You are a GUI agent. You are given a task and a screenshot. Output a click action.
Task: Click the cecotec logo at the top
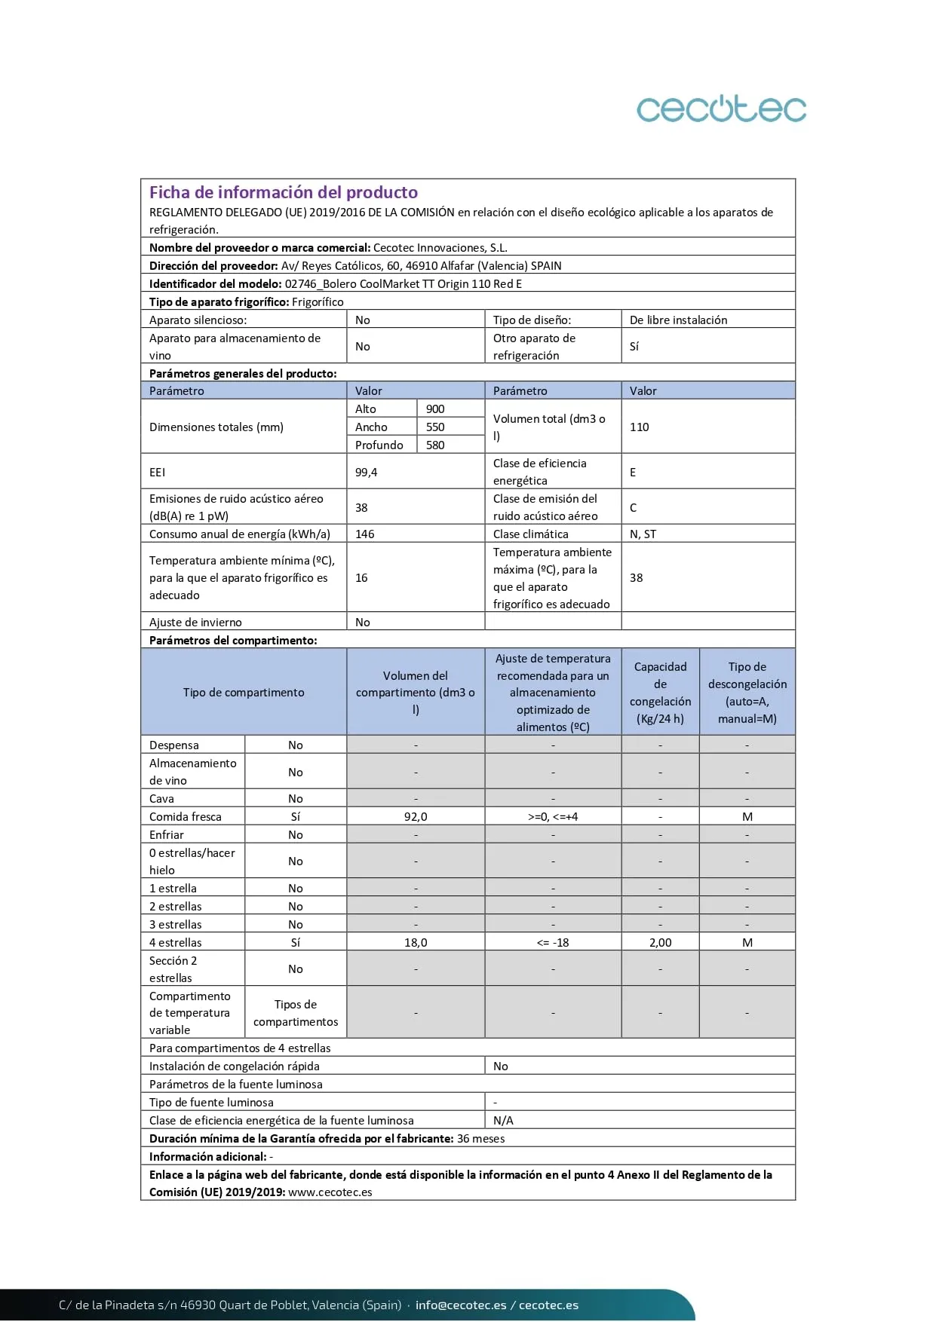coord(721,109)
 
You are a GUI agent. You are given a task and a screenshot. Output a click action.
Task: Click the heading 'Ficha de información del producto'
coord(283,192)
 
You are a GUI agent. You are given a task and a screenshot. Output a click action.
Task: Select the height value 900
coord(435,409)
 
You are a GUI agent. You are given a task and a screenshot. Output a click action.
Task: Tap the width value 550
coord(435,427)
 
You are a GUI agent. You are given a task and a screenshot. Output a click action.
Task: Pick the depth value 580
coord(435,445)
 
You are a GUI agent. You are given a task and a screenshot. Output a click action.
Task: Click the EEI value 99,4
coord(366,472)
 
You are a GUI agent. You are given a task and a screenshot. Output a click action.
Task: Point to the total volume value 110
coord(639,427)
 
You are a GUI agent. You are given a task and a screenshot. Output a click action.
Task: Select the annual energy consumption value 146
coord(364,534)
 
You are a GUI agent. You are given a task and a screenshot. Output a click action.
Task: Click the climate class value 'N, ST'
coord(643,534)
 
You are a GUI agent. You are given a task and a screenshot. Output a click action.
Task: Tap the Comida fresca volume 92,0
coord(416,816)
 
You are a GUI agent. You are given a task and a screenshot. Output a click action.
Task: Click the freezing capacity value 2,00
coord(660,942)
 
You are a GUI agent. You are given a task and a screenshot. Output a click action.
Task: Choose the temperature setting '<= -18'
coord(553,942)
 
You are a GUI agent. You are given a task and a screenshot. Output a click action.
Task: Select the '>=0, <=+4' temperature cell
coord(553,816)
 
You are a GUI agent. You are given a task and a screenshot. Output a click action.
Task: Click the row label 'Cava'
coord(161,798)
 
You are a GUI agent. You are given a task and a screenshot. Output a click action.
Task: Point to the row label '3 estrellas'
coord(175,924)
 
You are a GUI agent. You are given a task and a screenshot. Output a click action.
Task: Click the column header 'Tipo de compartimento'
coord(244,692)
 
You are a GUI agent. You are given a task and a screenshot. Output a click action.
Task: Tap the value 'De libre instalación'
coord(678,320)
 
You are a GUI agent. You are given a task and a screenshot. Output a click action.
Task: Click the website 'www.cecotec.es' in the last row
coord(330,1192)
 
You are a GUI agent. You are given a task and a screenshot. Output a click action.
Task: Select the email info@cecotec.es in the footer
coord(461,1305)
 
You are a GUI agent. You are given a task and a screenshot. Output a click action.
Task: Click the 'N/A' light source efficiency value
coord(503,1120)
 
